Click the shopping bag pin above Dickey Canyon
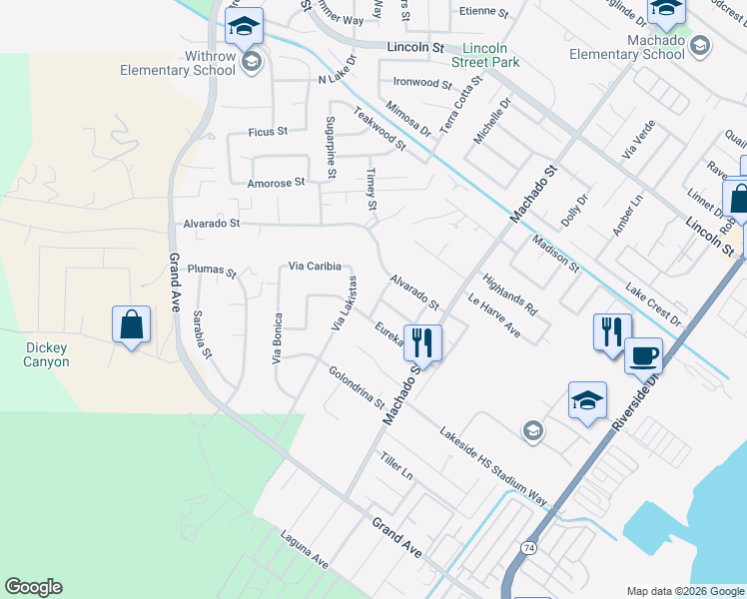point(131,324)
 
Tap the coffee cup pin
point(643,355)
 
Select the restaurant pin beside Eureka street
point(421,341)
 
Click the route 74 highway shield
point(527,547)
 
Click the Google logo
point(33,587)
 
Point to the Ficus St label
point(268,131)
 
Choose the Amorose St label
point(276,183)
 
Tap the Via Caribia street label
point(316,267)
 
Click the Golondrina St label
point(357,387)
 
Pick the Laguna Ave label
point(305,549)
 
